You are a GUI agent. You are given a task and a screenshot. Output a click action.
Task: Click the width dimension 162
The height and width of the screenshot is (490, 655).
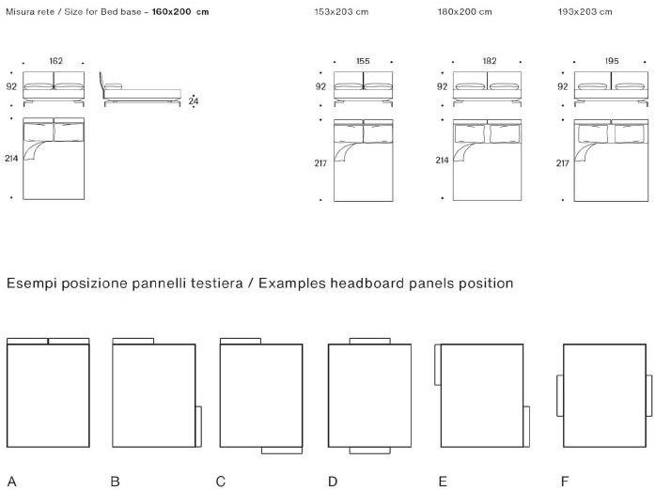pyautogui.click(x=55, y=61)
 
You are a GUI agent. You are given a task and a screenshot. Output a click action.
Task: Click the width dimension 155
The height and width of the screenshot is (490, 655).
pyautogui.click(x=363, y=61)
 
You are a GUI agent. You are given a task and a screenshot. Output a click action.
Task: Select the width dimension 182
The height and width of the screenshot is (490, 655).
pyautogui.click(x=489, y=61)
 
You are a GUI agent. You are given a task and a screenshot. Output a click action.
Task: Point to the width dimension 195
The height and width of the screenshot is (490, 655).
pyautogui.click(x=613, y=61)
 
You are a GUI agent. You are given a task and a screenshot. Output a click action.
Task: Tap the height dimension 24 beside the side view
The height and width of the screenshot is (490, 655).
pyautogui.click(x=194, y=100)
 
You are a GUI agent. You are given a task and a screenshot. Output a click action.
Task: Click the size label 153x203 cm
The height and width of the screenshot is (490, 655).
pyautogui.click(x=342, y=12)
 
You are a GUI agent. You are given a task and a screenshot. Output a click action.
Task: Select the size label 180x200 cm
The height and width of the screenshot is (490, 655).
pyautogui.click(x=464, y=12)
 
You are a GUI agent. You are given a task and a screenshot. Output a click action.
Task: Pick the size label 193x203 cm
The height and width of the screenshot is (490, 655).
pyautogui.click(x=585, y=12)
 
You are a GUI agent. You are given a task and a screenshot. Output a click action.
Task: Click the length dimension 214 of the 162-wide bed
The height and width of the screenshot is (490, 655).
pyautogui.click(x=11, y=159)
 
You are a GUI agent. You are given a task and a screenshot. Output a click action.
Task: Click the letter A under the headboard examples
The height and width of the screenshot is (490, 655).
pyautogui.click(x=11, y=482)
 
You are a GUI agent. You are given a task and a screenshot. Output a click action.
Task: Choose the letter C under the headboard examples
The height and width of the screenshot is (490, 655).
pyautogui.click(x=221, y=482)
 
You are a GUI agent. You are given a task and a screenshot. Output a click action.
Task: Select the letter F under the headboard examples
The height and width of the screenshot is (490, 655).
pyautogui.click(x=565, y=482)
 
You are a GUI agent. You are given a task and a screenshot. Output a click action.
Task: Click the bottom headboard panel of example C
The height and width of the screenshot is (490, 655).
pyautogui.click(x=281, y=451)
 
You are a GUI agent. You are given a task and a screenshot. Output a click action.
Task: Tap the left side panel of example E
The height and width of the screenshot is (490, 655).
pyautogui.click(x=437, y=364)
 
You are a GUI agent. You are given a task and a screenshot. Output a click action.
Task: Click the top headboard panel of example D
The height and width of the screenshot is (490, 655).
pyautogui.click(x=369, y=341)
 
